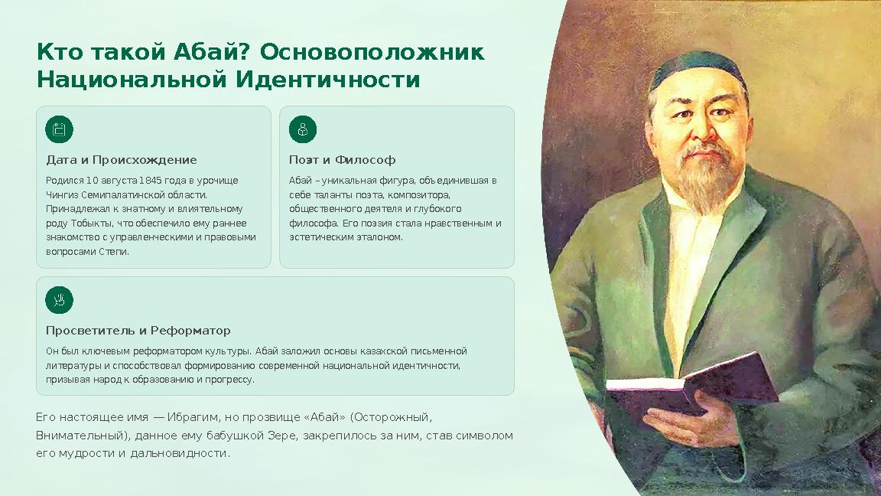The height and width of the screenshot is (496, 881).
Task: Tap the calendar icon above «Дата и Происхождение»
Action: pos(59,129)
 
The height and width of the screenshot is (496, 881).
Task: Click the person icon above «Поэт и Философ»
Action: pos(303,129)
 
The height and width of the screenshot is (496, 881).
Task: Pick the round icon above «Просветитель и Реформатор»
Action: pos(59,300)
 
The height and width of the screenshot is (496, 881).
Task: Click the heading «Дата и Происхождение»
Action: pos(122,160)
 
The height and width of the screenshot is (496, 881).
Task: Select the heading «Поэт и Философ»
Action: pos(342,160)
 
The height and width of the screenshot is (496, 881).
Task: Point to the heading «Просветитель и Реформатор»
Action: pos(138,331)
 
